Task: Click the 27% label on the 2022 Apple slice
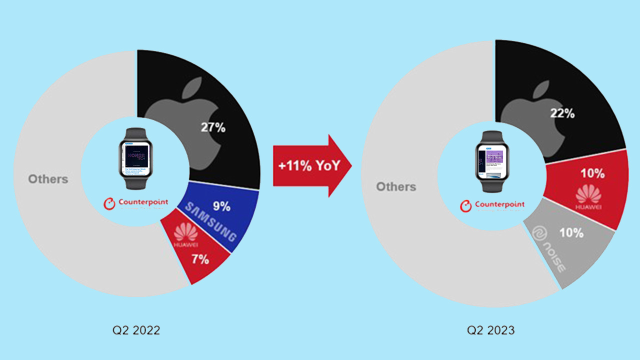pyautogui.click(x=213, y=127)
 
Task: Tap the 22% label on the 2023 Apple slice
pyautogui.click(x=562, y=113)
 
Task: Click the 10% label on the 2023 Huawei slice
pyautogui.click(x=592, y=173)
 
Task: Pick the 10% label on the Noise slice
pyautogui.click(x=571, y=232)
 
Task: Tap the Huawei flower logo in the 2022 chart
pyautogui.click(x=186, y=232)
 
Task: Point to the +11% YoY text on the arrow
pyautogui.click(x=308, y=166)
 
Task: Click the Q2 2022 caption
pyautogui.click(x=136, y=330)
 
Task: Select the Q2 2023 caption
pyautogui.click(x=490, y=330)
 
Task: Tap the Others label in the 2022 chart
pyautogui.click(x=48, y=179)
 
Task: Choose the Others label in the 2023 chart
pyautogui.click(x=395, y=186)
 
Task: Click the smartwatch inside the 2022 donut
pyautogui.click(x=135, y=158)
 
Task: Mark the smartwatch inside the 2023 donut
pyautogui.click(x=492, y=161)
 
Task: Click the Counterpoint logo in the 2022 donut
pyautogui.click(x=135, y=203)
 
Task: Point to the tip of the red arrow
pyautogui.click(x=351, y=166)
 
